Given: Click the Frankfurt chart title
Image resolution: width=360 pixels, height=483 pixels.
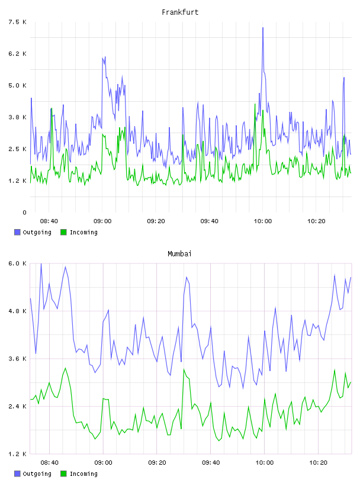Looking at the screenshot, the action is [x=180, y=12].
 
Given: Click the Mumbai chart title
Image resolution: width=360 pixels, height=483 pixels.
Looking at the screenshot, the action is [x=179, y=254].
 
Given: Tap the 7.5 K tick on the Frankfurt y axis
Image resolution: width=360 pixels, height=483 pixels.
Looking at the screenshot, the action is [x=17, y=22].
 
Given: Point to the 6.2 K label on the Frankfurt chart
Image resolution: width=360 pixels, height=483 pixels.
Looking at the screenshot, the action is [x=17, y=54].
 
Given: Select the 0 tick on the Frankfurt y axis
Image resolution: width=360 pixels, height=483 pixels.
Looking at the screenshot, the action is [x=24, y=212].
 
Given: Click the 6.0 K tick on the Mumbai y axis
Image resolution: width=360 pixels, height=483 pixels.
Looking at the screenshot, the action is [x=17, y=263].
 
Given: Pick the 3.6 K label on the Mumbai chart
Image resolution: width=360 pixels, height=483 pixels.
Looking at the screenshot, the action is [x=17, y=359].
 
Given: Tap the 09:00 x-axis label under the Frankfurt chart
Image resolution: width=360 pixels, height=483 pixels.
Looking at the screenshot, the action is [x=102, y=221].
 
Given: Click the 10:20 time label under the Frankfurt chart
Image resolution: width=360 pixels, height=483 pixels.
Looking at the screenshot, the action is [x=316, y=221].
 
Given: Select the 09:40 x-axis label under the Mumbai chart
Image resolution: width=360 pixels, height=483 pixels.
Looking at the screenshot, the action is [x=211, y=463].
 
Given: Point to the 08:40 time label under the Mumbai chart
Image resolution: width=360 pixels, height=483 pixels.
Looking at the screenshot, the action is [x=49, y=463].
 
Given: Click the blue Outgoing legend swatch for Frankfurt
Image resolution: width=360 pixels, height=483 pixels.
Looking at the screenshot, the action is [x=17, y=232].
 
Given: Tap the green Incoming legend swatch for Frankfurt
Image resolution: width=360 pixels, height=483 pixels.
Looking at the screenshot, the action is [x=63, y=232].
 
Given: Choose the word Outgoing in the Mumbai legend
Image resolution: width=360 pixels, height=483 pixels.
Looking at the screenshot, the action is [x=37, y=474].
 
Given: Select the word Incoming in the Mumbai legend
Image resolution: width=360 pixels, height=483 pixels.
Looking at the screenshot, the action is [x=83, y=474].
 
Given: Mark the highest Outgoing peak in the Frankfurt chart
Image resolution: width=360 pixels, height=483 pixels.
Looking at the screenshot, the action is [x=263, y=28].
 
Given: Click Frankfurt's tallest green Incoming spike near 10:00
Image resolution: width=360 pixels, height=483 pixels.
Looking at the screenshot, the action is [x=255, y=104].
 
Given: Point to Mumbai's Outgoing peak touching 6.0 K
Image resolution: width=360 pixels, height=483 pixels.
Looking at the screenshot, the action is [x=41, y=264].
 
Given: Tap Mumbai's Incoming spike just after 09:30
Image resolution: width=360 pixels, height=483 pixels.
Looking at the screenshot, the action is [x=184, y=369].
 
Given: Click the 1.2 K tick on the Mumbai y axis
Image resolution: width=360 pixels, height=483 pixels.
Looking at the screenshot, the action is [x=17, y=454].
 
